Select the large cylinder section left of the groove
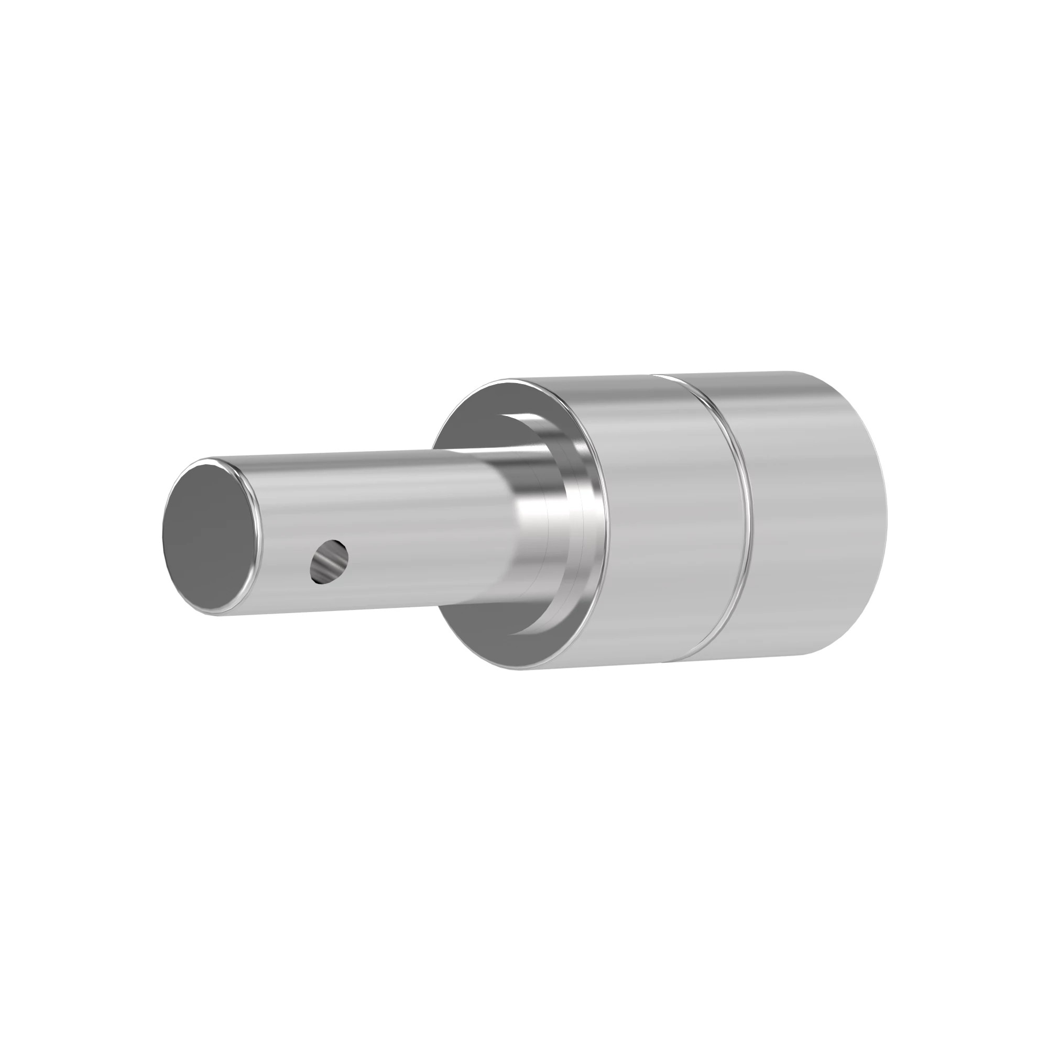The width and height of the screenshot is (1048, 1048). [667, 521]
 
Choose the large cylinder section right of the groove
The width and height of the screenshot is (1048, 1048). [814, 521]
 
